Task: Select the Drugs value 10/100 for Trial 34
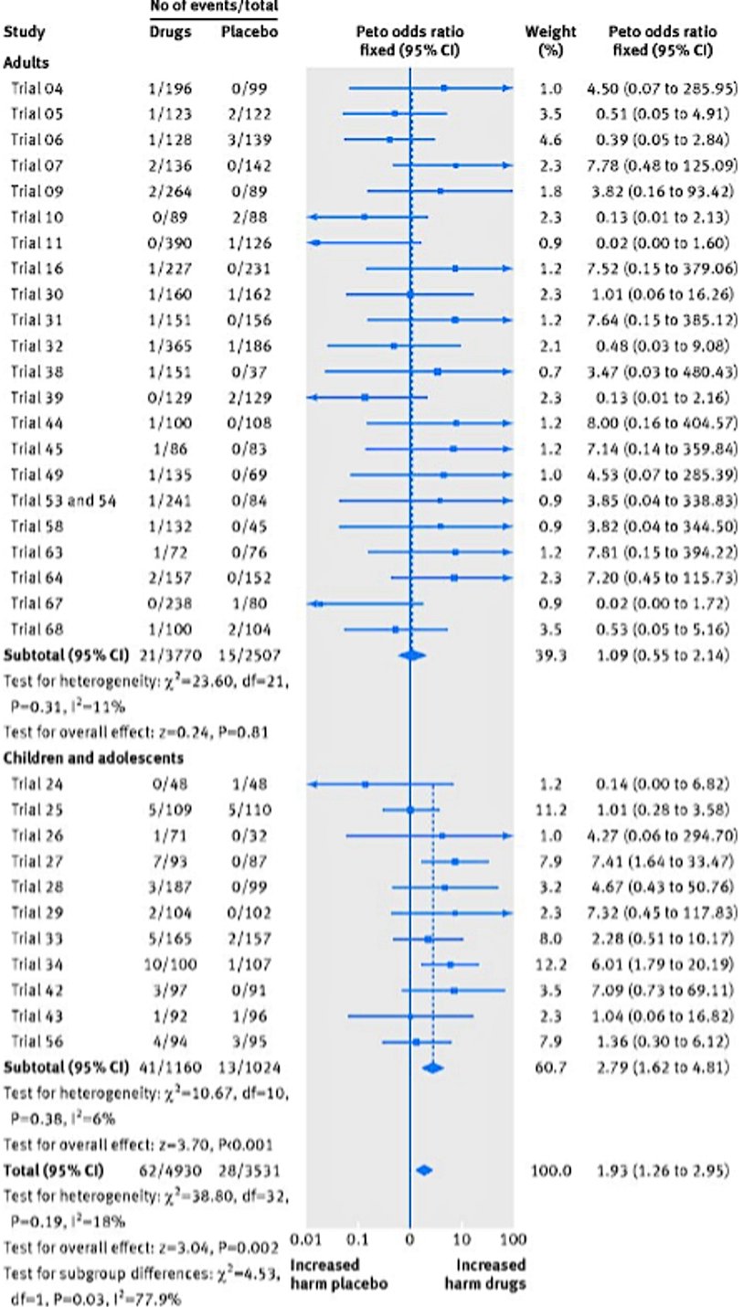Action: click(x=170, y=963)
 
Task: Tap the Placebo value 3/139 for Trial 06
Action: click(x=248, y=140)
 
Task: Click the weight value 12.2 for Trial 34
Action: click(x=550, y=963)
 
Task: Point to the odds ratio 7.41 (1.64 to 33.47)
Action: click(x=658, y=861)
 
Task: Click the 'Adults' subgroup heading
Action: click(x=27, y=64)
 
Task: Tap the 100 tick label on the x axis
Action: click(x=514, y=1239)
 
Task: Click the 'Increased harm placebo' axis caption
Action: click(x=338, y=1274)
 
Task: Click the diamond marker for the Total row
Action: click(x=423, y=1170)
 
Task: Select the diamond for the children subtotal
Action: click(x=432, y=1067)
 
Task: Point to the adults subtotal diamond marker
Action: click(x=412, y=654)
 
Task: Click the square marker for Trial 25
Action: click(x=410, y=810)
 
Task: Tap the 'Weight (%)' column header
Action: click(x=550, y=41)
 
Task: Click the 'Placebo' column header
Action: click(x=248, y=32)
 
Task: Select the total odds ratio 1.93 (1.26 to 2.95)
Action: click(x=658, y=1170)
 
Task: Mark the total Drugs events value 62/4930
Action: click(x=170, y=1170)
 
